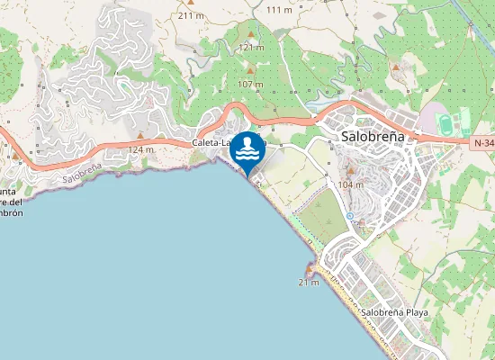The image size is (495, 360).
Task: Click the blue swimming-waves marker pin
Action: click(x=247, y=151)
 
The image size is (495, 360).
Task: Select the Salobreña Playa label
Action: click(x=395, y=312)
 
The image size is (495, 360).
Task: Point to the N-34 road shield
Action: click(x=482, y=142)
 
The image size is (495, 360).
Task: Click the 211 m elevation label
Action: click(x=191, y=15)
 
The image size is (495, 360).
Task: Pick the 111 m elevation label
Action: click(x=280, y=10)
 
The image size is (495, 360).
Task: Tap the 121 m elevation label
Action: click(x=251, y=47)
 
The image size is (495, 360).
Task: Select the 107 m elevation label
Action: click(x=250, y=85)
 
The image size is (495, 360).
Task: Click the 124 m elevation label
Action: click(x=142, y=149)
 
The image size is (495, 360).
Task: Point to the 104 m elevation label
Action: click(x=350, y=184)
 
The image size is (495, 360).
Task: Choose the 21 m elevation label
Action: click(x=309, y=283)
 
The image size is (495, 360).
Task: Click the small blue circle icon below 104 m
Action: click(x=349, y=216)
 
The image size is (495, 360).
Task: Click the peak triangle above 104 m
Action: click(x=350, y=169)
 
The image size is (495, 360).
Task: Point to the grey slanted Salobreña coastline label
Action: click(x=81, y=174)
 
